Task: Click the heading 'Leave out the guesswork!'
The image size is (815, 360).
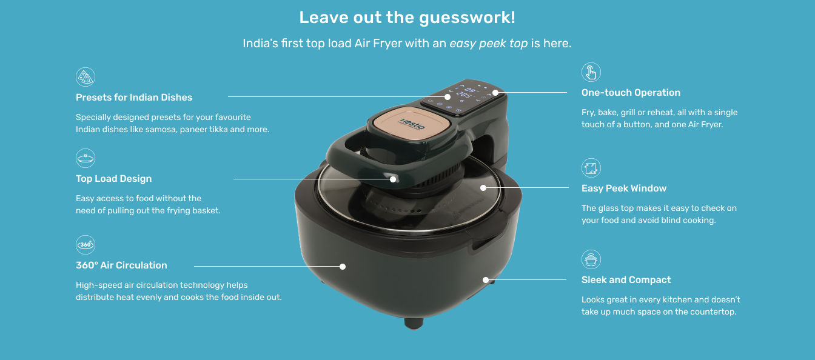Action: (x=407, y=18)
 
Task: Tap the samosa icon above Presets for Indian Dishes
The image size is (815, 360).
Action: (x=86, y=77)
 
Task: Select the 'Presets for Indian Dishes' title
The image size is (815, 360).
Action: (x=134, y=98)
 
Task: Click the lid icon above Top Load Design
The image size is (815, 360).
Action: (x=86, y=158)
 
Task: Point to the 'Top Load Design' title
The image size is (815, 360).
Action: (x=113, y=179)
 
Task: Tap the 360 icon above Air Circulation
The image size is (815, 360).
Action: (x=86, y=245)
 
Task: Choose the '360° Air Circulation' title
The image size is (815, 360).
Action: (x=121, y=265)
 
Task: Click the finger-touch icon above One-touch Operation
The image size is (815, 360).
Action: (x=591, y=72)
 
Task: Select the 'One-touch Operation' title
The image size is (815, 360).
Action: (x=631, y=92)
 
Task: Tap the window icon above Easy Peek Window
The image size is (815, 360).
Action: (x=591, y=168)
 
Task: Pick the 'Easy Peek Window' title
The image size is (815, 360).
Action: (x=624, y=188)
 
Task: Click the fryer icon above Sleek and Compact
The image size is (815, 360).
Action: (x=591, y=259)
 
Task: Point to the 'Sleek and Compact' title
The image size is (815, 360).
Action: (x=626, y=279)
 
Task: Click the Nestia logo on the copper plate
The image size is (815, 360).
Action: (x=412, y=124)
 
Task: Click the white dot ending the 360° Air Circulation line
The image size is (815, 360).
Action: (x=343, y=267)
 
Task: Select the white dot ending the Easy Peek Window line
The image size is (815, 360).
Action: (x=483, y=188)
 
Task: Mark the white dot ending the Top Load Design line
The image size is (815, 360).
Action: (x=393, y=179)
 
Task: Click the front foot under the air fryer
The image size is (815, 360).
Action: (x=414, y=323)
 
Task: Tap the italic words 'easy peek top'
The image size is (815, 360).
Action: (x=489, y=43)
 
